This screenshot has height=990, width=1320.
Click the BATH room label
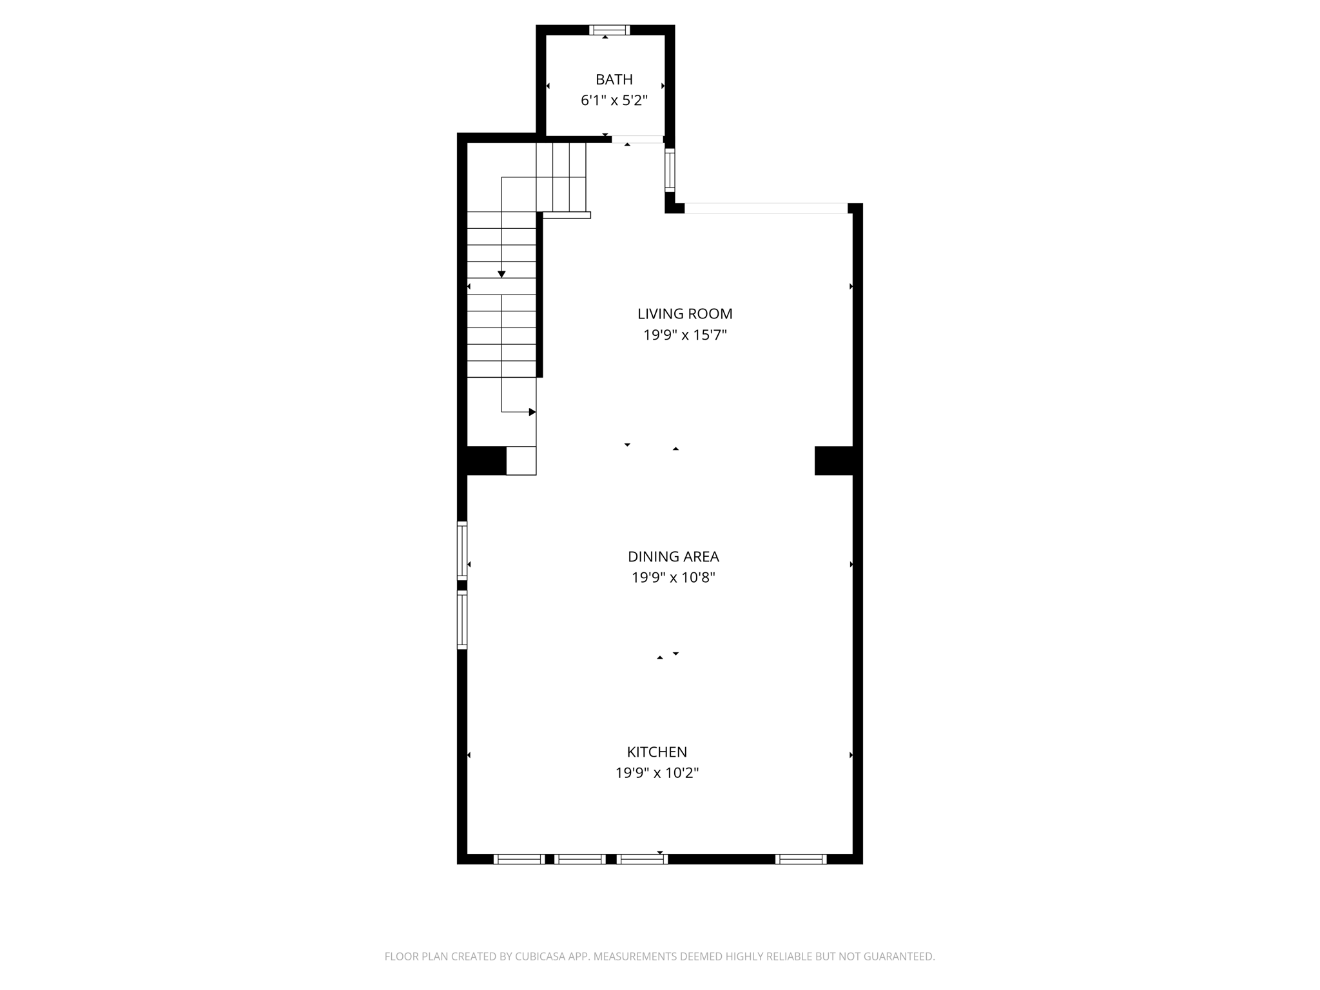click(614, 79)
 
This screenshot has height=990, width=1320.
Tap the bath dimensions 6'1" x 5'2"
click(614, 101)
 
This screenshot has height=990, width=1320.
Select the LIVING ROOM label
click(684, 314)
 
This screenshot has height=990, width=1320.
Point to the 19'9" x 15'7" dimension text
click(684, 335)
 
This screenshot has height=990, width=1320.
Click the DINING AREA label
click(673, 556)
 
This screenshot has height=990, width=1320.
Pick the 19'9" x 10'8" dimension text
click(673, 577)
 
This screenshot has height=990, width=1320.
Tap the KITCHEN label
click(657, 752)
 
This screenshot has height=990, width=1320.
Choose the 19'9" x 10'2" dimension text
click(657, 773)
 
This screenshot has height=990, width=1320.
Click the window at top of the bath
click(609, 30)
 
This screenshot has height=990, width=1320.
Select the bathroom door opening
click(637, 139)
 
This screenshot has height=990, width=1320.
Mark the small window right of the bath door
click(670, 170)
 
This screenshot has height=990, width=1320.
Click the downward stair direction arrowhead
click(501, 275)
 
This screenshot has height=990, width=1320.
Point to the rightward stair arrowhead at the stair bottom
click(532, 412)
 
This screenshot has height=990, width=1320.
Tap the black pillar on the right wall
click(834, 461)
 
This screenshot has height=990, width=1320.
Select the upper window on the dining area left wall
click(462, 550)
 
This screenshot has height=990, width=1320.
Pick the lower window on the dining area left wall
click(462, 619)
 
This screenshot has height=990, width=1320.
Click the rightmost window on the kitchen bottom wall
click(801, 859)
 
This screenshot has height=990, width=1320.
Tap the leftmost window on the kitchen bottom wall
click(519, 859)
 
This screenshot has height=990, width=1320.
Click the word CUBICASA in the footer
click(539, 956)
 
